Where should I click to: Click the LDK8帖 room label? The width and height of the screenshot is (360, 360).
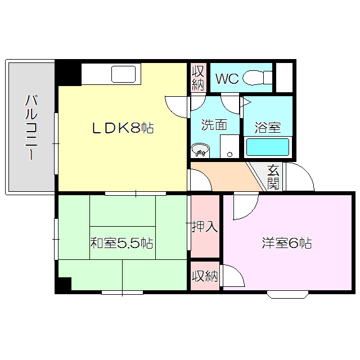coord(123,128)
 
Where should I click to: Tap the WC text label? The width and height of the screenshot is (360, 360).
coord(227,78)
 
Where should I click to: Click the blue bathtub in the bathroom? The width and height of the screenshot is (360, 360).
coord(268,147)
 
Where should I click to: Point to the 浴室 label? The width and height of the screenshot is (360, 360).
coord(268,127)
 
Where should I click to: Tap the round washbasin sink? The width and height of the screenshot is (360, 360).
coord(200,151)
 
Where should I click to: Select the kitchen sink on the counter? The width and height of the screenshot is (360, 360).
coord(124,74)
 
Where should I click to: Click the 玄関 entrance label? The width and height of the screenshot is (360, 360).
coord(273,176)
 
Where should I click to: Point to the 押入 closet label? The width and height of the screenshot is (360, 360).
coord(205,227)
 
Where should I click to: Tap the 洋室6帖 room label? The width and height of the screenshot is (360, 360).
coord(287,243)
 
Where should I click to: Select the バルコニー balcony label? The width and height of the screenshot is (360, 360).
coord(30,128)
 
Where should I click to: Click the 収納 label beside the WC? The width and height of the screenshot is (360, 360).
coord(198,78)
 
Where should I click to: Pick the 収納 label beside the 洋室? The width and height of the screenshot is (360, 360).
coord(205,276)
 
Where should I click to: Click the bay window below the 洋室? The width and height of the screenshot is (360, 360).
coord(287,294)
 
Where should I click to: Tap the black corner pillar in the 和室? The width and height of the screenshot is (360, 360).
coord(63,284)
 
